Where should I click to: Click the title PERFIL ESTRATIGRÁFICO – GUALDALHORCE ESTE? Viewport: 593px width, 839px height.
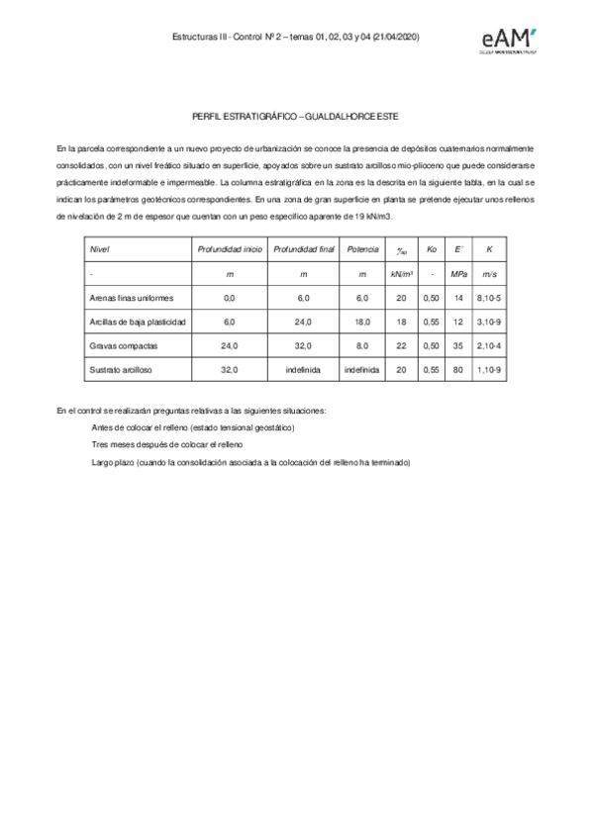point(296,117)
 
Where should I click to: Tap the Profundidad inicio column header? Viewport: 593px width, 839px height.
point(230,249)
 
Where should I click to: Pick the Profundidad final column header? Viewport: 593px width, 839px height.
point(304,249)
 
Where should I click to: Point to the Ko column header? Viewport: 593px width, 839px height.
point(431,249)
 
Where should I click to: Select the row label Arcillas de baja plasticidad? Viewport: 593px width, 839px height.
point(138,322)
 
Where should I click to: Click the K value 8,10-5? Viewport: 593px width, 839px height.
point(489,298)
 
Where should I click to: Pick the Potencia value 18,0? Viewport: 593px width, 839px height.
point(362,322)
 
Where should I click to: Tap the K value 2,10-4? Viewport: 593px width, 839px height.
point(489,345)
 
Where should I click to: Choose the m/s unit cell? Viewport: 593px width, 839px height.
point(489,273)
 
